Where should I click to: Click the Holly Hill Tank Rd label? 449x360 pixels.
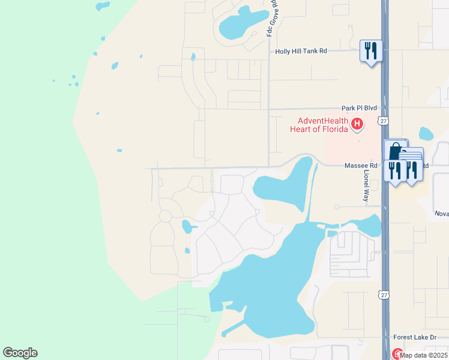pos(301,52)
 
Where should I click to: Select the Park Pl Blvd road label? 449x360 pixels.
pos(359,108)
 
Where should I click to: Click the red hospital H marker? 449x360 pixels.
pos(357,125)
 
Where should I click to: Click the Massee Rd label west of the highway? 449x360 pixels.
pos(361,166)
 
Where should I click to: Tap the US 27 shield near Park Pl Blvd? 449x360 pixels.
pos(384,121)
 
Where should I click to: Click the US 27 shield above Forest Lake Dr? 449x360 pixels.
pos(384,294)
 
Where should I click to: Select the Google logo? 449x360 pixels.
pos(20,353)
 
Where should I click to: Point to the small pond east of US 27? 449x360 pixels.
pos(426,134)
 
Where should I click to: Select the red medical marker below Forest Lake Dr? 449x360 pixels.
pos(397,353)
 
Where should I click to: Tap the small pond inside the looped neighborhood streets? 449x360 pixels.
pos(187,227)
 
